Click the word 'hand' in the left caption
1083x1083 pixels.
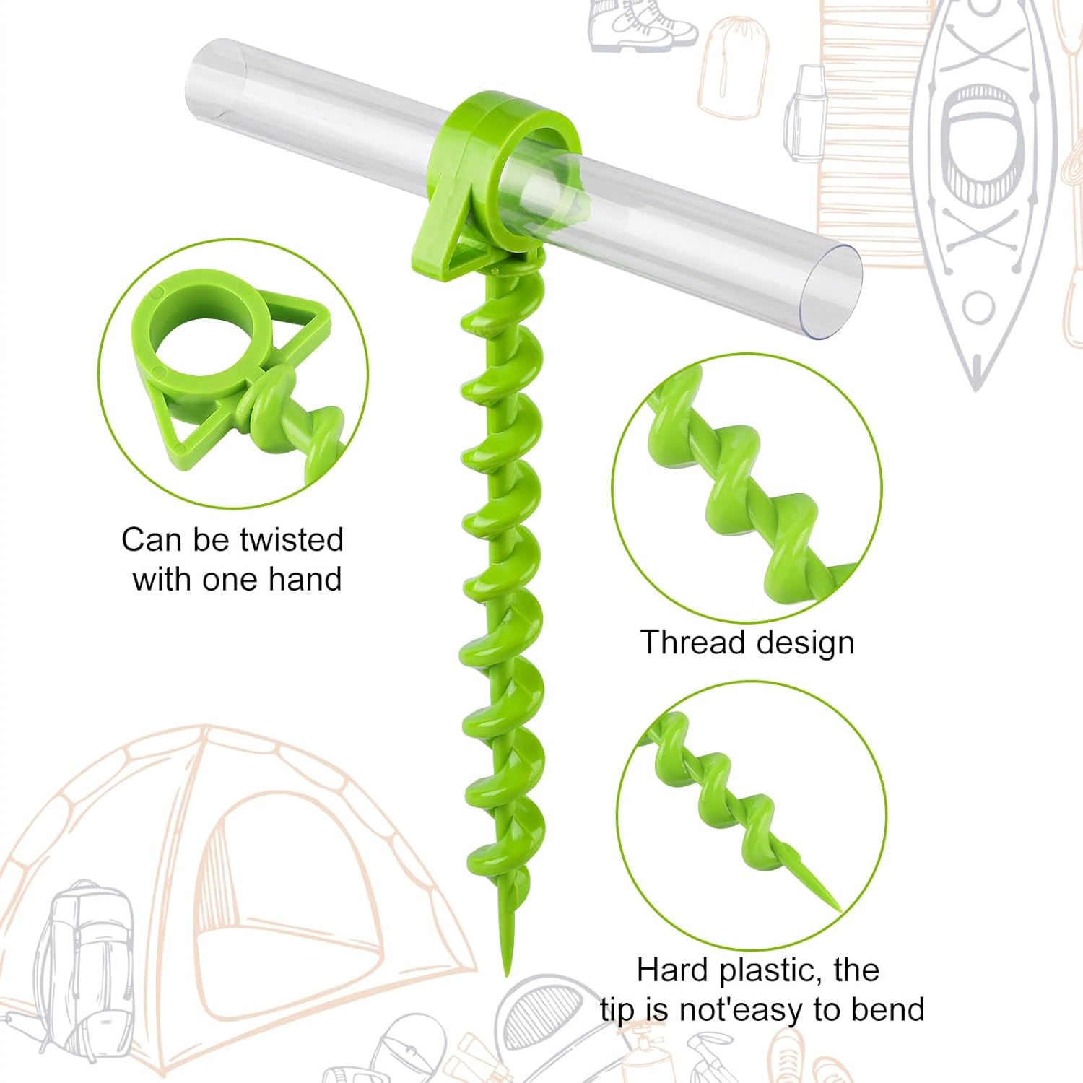(304, 579)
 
